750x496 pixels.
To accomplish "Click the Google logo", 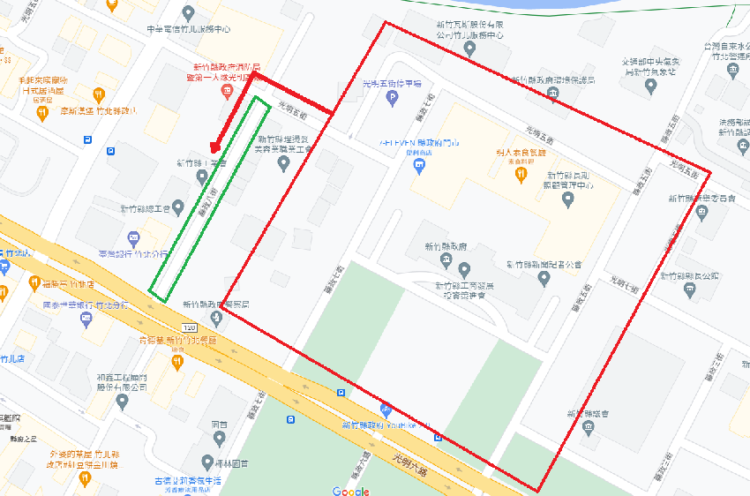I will point(351,491).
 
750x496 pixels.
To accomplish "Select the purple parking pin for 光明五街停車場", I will point(393,98).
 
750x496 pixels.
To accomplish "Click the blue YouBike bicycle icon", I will point(386,410).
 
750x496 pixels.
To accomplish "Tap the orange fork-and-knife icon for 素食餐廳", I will point(521,174).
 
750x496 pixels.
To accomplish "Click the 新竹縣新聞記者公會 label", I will point(544,264).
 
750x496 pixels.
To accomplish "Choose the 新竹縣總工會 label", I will point(145,209).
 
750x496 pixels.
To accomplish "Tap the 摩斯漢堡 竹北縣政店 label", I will point(98,111).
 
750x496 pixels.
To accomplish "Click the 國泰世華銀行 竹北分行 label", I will point(85,304).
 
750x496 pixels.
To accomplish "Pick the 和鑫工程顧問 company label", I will point(123,382).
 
